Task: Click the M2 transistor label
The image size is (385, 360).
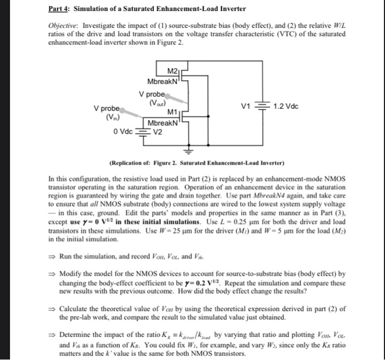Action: click(x=172, y=71)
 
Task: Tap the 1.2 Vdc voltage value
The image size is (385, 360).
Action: click(x=285, y=106)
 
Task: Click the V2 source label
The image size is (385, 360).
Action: click(x=157, y=131)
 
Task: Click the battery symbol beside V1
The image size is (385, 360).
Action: click(x=267, y=106)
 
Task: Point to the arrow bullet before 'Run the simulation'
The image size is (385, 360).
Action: click(x=52, y=257)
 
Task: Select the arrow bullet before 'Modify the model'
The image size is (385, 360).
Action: click(x=52, y=273)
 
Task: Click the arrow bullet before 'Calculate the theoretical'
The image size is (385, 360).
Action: click(x=52, y=309)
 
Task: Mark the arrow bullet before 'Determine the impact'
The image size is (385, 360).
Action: click(x=52, y=335)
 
